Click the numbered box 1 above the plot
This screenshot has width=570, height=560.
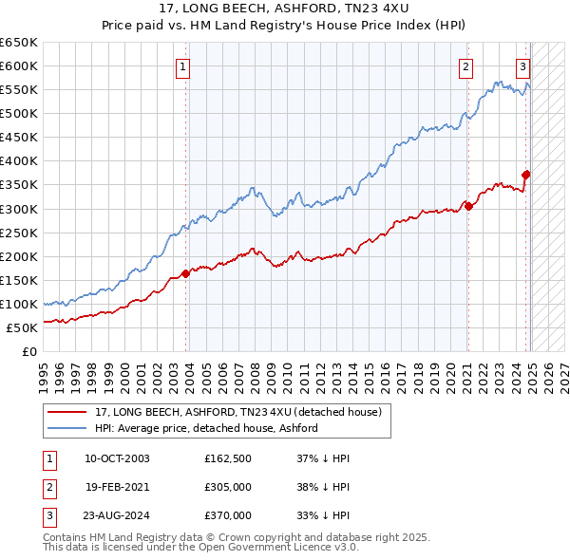(x=181, y=66)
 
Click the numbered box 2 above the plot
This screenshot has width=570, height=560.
(x=466, y=66)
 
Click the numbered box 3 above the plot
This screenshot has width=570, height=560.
(x=523, y=66)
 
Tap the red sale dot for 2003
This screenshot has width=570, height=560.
(x=186, y=273)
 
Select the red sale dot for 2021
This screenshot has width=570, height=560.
(x=468, y=206)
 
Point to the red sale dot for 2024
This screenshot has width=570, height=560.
(x=526, y=175)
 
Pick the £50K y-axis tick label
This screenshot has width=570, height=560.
(x=23, y=327)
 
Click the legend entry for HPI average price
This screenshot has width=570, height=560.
(x=206, y=428)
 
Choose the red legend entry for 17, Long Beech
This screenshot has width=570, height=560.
(x=237, y=412)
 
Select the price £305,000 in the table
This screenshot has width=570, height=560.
(x=228, y=488)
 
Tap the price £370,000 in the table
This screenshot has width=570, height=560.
(x=228, y=516)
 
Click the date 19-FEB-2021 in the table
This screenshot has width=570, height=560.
(x=117, y=488)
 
